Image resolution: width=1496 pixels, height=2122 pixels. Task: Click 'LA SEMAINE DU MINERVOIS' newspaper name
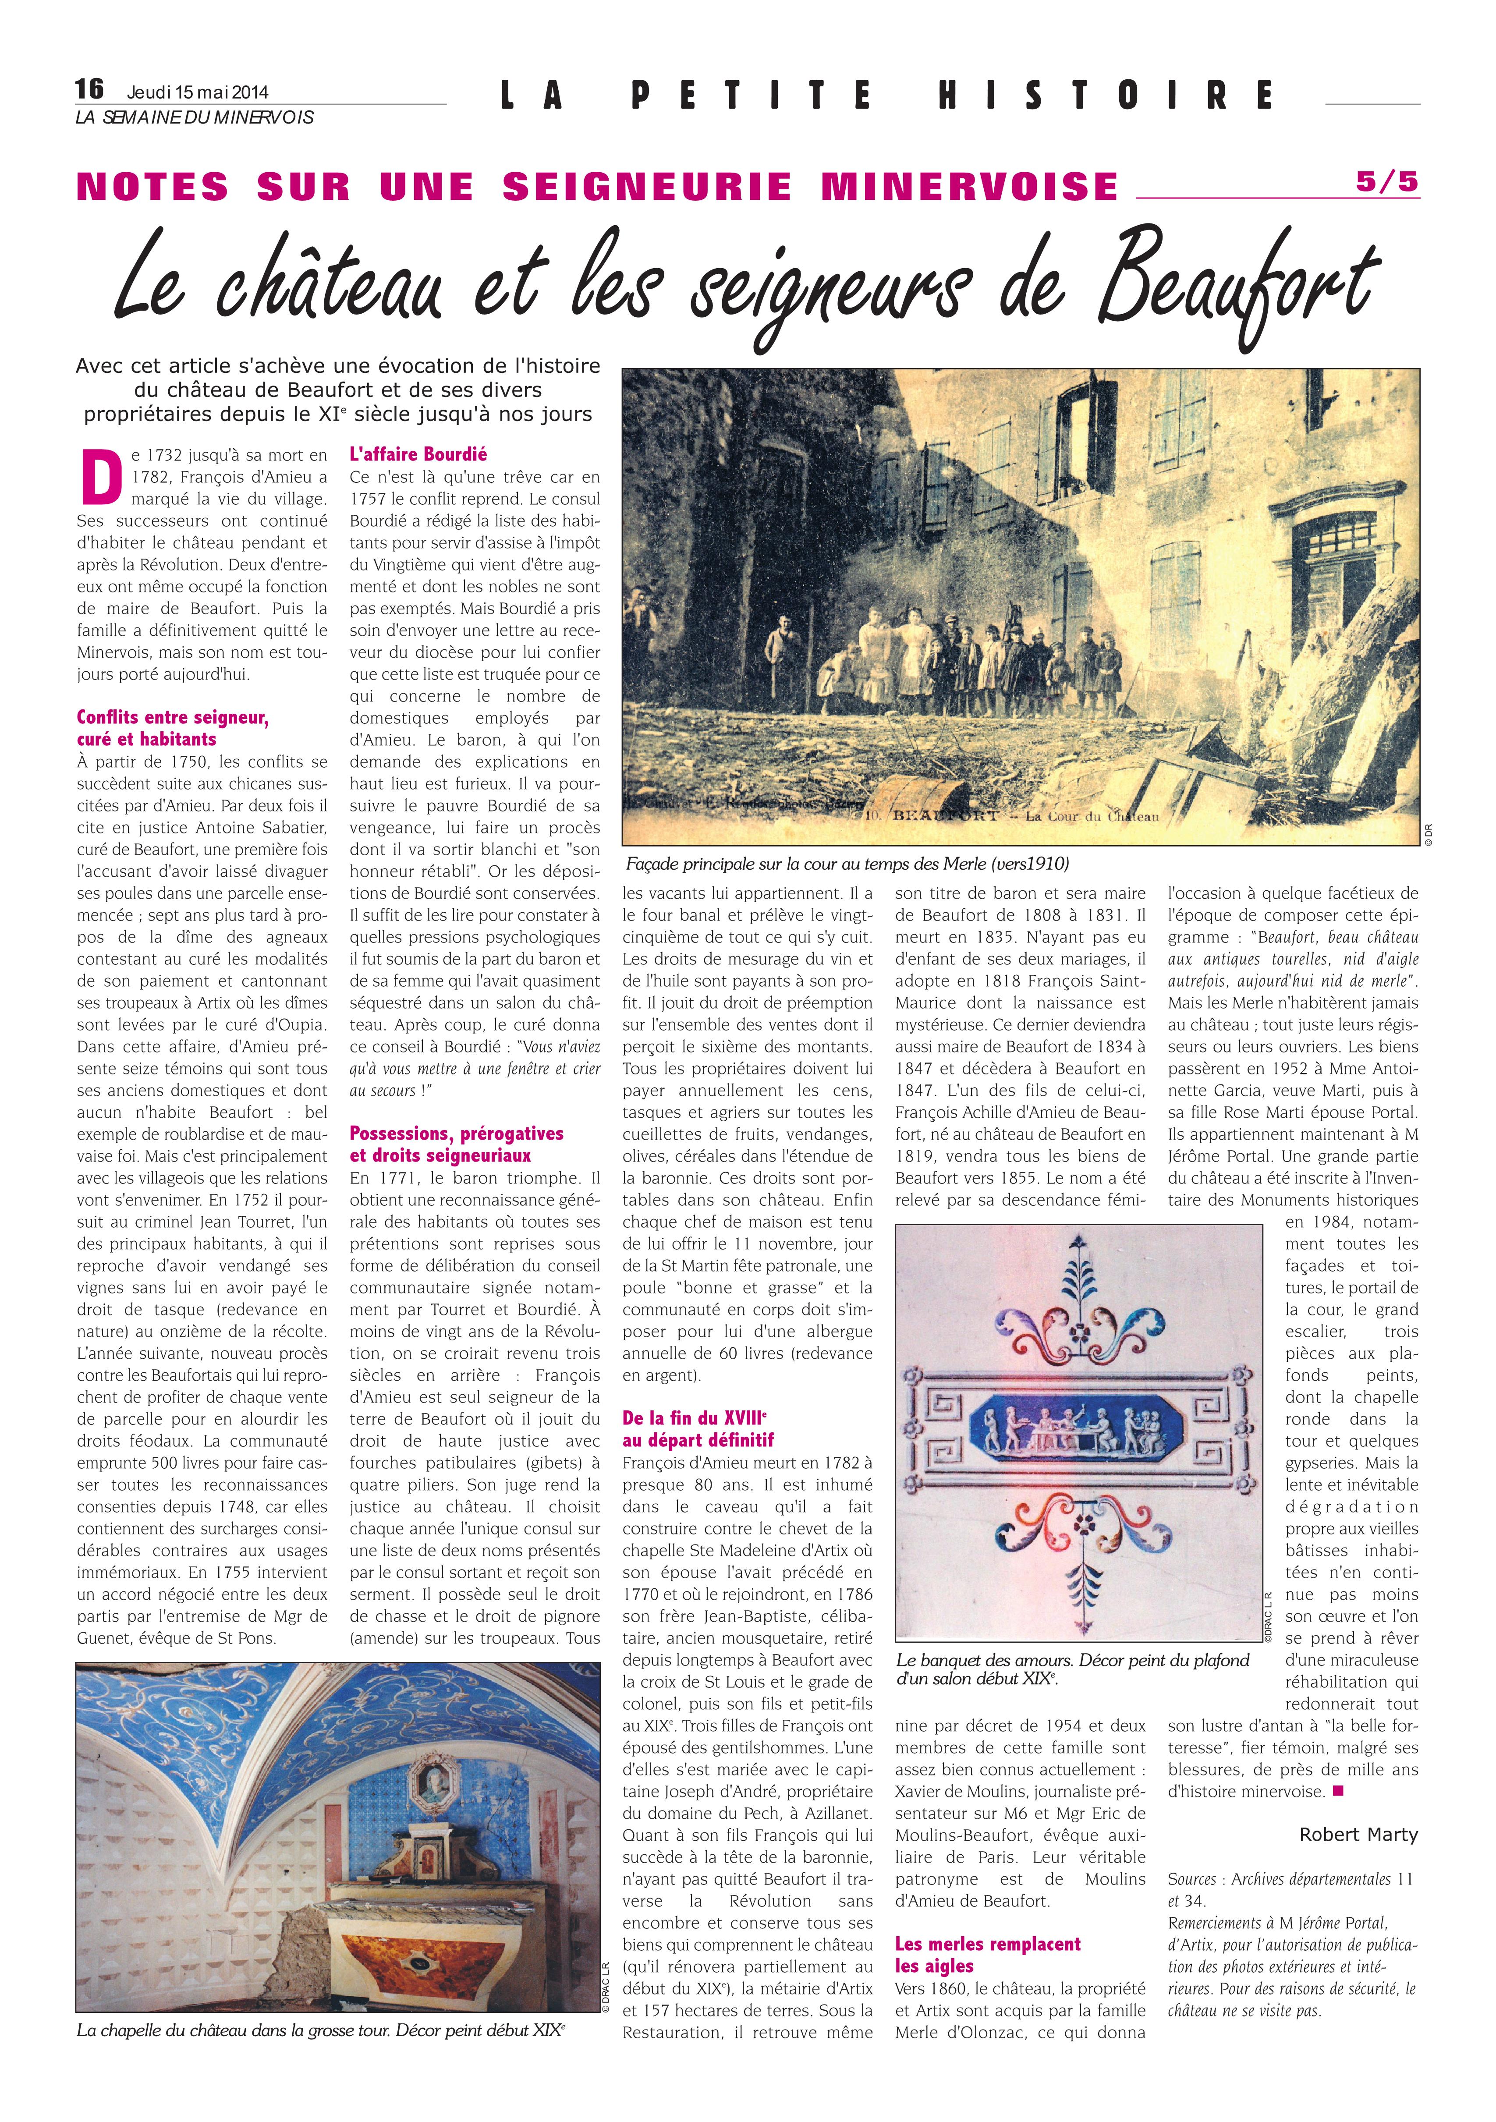195,117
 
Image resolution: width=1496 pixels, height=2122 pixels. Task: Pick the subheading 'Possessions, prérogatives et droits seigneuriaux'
457,1144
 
